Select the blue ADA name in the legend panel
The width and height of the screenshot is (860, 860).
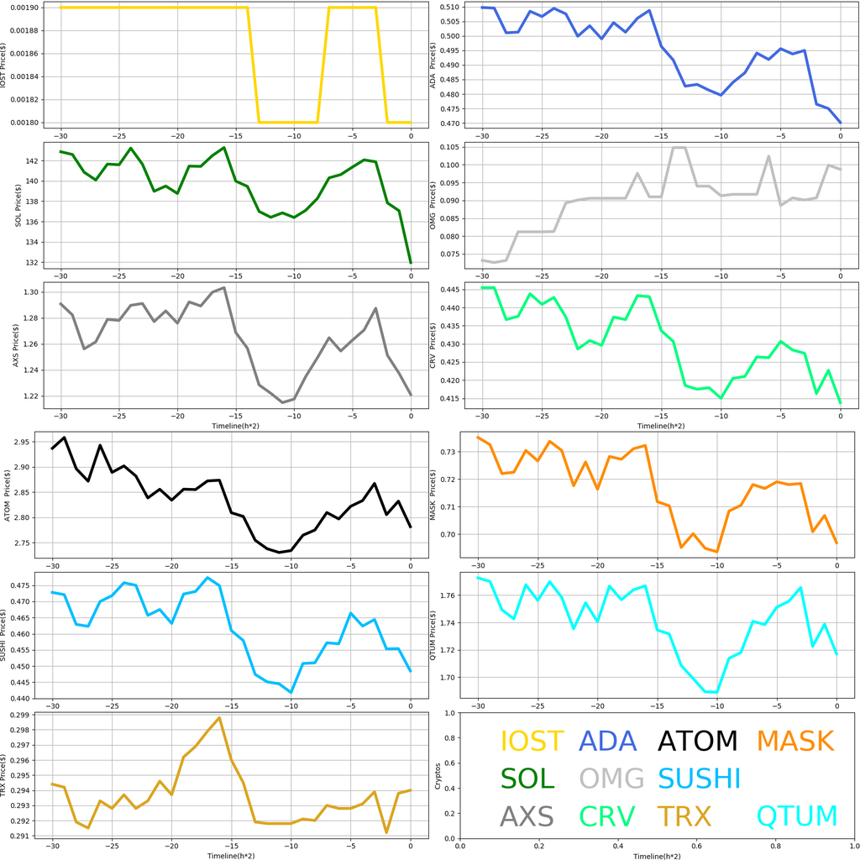tap(611, 741)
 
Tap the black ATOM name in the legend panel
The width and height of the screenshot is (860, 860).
tap(697, 741)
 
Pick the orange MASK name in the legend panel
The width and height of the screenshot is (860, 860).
tap(794, 741)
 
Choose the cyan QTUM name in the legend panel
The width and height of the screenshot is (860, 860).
tap(797, 815)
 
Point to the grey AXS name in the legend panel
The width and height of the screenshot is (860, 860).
tap(527, 815)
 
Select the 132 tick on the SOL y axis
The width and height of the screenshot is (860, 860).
tap(31, 263)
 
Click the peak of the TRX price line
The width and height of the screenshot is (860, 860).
tap(219, 718)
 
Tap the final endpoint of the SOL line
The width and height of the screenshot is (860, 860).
tap(411, 263)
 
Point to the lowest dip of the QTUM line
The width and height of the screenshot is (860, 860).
tap(711, 692)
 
